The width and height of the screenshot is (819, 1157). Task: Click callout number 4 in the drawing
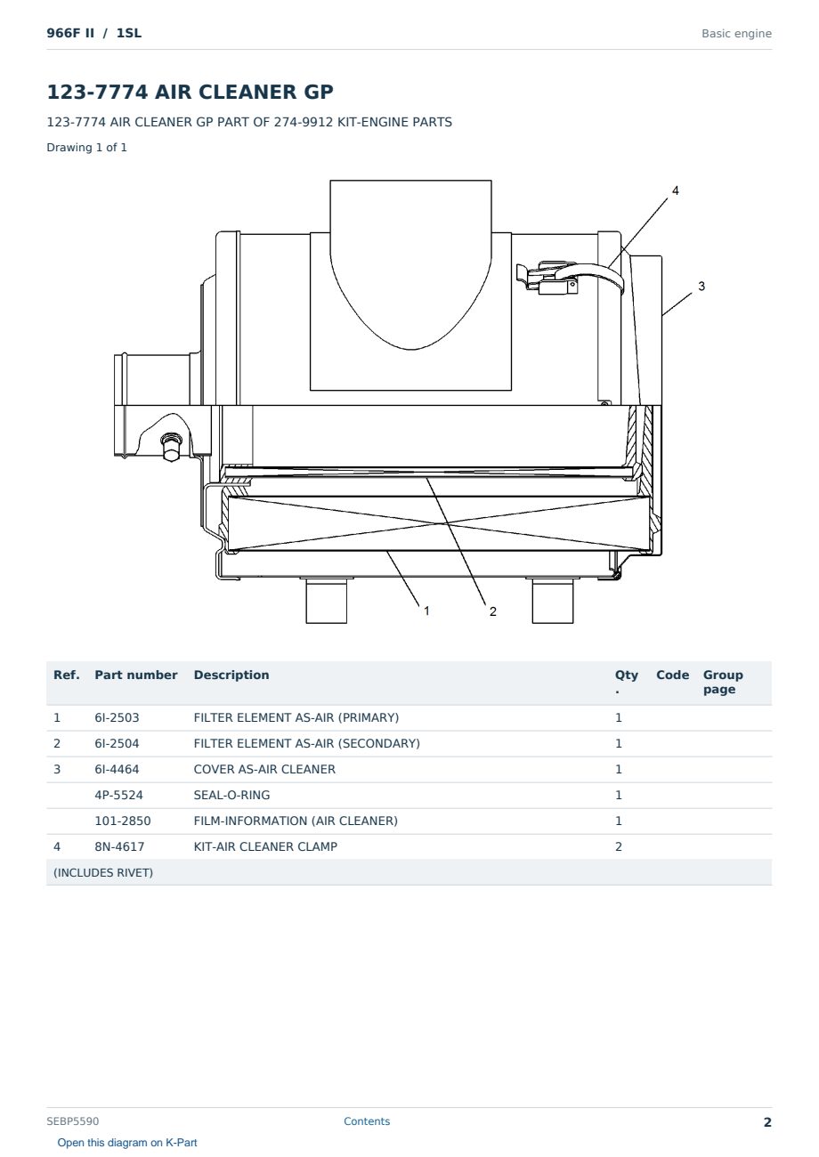click(x=675, y=191)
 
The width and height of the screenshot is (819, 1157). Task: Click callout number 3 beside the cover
click(x=701, y=287)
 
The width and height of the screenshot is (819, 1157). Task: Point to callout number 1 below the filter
click(x=426, y=611)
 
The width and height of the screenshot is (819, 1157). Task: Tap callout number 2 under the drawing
click(x=493, y=611)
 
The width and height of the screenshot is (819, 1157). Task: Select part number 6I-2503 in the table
click(x=117, y=717)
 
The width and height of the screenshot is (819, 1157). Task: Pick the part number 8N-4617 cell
click(x=119, y=846)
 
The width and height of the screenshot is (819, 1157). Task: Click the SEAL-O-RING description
click(x=231, y=795)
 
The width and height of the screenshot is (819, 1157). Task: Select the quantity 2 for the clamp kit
click(x=619, y=846)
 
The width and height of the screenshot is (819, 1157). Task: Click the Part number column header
click(x=136, y=675)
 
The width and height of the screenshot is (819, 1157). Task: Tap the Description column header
click(x=231, y=675)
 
